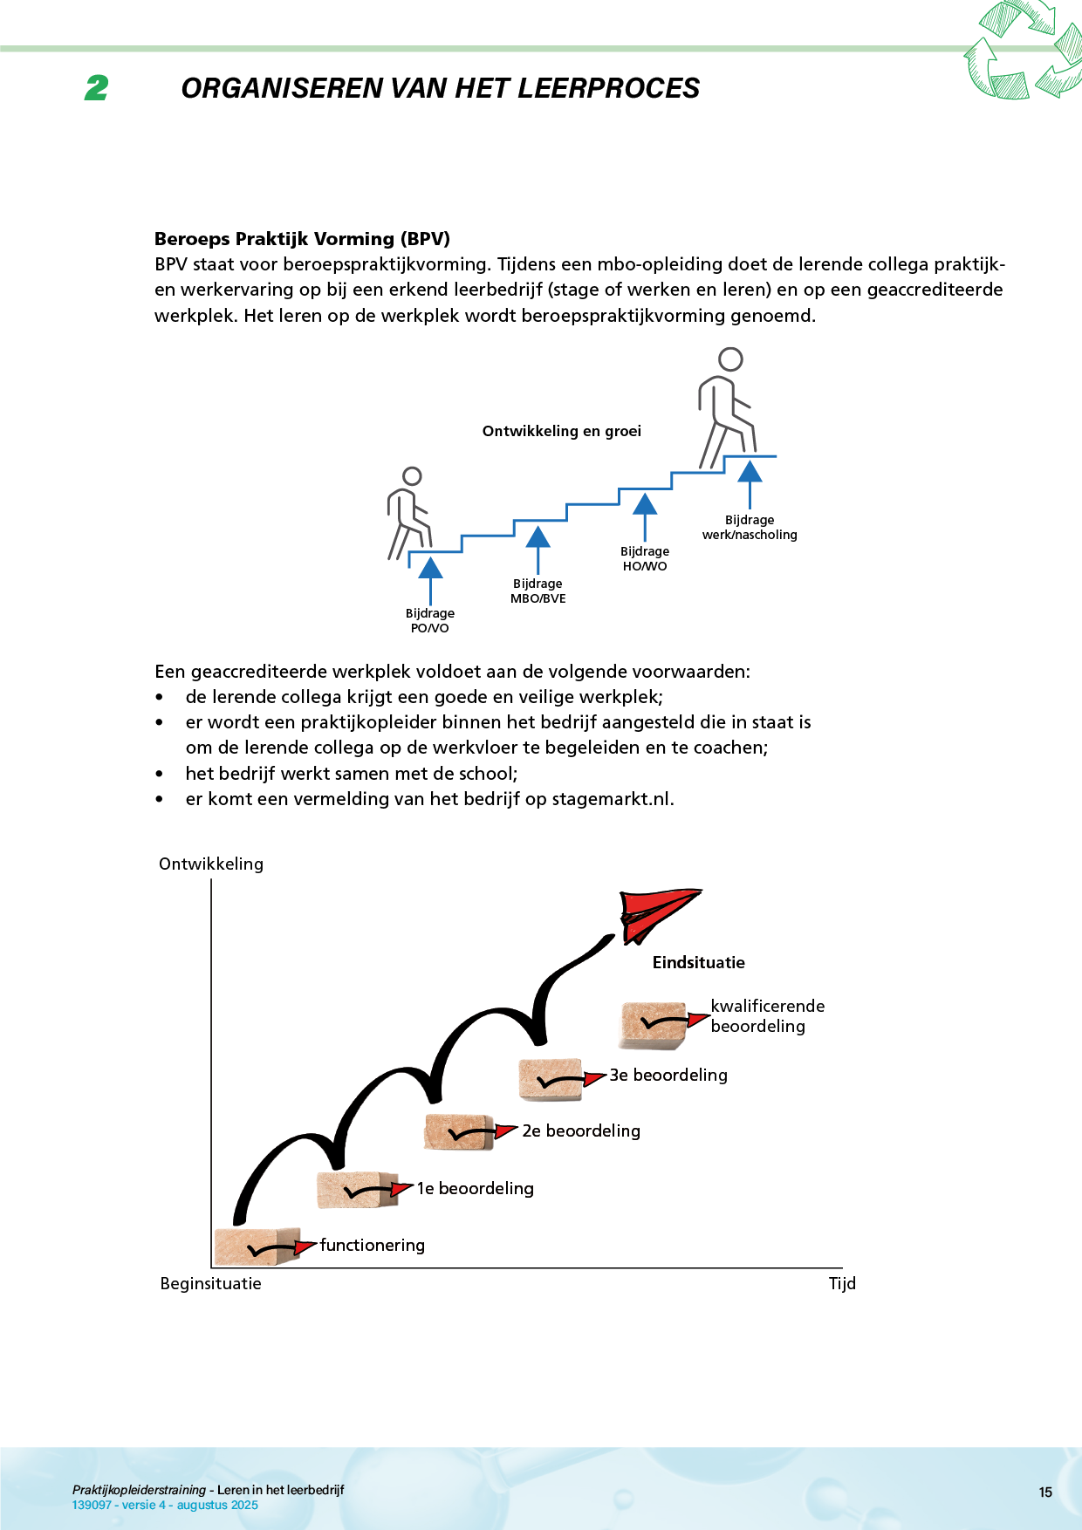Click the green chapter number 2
97,88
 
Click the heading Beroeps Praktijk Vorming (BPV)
302,239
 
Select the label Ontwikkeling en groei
561,431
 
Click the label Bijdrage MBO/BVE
538,591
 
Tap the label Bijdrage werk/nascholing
750,528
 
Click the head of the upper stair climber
730,359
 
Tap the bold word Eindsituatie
698,963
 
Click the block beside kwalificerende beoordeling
654,1024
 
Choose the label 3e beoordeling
668,1076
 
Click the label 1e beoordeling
475,1189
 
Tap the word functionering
373,1246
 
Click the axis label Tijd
842,1284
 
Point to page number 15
1045,1492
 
